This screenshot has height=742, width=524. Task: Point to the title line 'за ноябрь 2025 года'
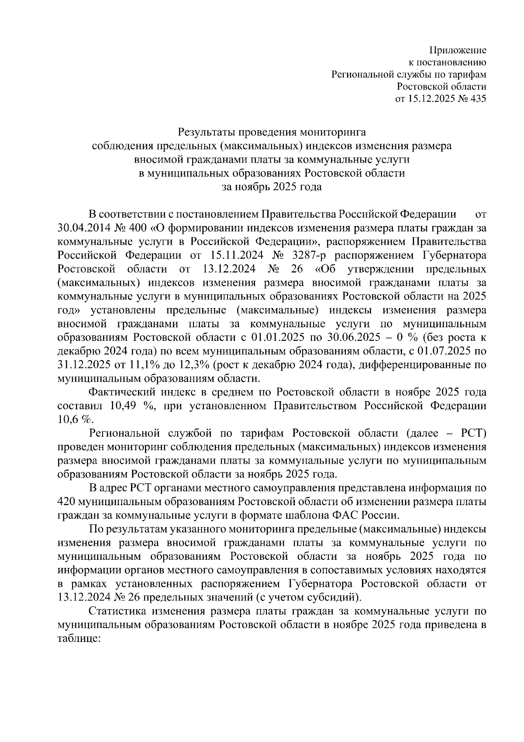click(272, 187)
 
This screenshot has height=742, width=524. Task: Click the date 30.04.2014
click(83, 228)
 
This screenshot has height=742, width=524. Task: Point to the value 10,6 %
click(75, 419)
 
